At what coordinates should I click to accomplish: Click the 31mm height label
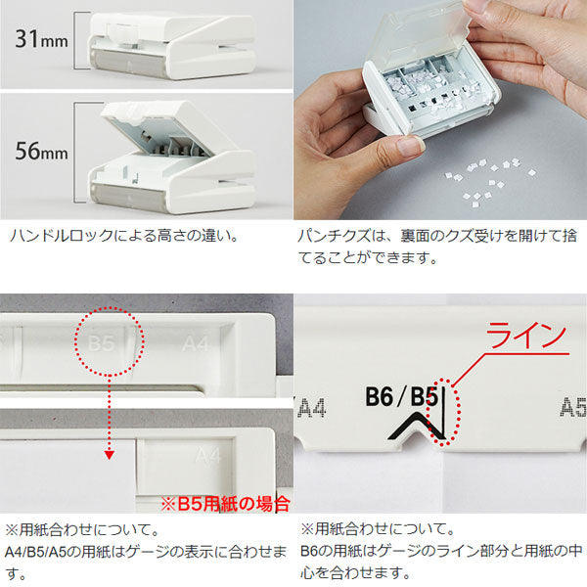[x=41, y=39]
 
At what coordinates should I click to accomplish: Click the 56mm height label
[x=41, y=151]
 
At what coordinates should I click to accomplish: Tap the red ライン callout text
[x=526, y=336]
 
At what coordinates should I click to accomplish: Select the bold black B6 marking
[x=380, y=397]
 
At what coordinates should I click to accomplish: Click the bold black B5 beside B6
[x=425, y=397]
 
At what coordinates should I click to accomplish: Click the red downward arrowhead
[x=109, y=455]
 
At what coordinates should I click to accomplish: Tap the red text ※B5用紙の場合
[x=225, y=504]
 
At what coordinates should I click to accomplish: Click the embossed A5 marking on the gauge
[x=573, y=407]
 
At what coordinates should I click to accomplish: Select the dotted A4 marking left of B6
[x=312, y=407]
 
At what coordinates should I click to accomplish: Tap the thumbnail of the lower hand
[x=410, y=147]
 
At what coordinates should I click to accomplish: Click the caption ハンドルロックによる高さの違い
[x=123, y=236]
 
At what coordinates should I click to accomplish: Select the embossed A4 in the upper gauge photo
[x=196, y=343]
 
